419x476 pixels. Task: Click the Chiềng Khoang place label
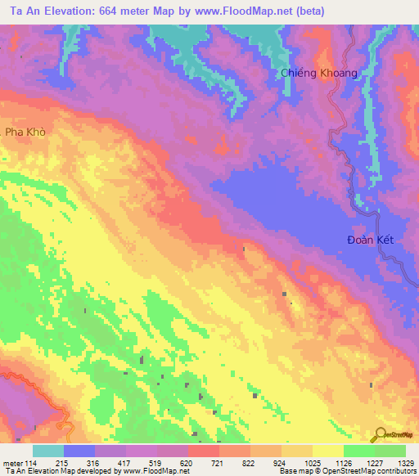click(319, 73)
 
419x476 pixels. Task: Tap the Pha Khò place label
click(25, 131)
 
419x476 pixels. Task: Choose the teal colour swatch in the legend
click(48, 451)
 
